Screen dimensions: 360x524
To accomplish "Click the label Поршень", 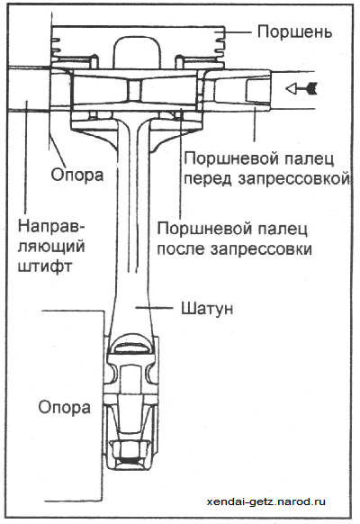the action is [x=294, y=32].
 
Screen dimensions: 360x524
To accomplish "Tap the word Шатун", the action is [x=207, y=309].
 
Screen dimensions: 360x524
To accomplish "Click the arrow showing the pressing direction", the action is [x=301, y=88].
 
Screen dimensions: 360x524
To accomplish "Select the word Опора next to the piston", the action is [x=77, y=175].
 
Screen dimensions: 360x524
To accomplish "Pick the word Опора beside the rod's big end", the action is [x=65, y=407].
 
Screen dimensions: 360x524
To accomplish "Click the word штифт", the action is [x=44, y=267].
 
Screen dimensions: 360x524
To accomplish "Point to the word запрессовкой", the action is [x=294, y=179].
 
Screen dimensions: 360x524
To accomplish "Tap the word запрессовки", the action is [x=261, y=249].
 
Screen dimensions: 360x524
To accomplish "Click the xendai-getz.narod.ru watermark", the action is [x=265, y=501].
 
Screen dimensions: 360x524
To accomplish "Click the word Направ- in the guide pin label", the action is [x=51, y=226].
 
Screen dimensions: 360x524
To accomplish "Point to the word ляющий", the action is [x=51, y=248].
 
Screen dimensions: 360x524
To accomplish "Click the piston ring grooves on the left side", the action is [x=56, y=45].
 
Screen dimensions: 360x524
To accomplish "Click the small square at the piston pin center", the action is [x=135, y=90].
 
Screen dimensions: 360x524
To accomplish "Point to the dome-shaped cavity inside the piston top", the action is [x=137, y=53].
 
